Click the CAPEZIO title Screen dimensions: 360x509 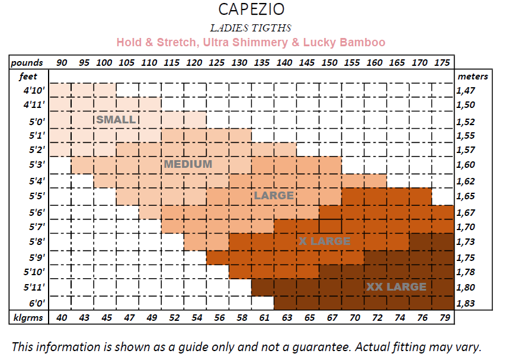click(x=251, y=10)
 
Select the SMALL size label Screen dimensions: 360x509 click(x=116, y=119)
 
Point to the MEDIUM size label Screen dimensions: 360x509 click(x=188, y=164)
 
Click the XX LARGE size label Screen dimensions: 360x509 click(x=396, y=287)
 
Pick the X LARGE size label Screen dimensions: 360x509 click(x=325, y=241)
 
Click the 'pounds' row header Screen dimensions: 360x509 click(x=27, y=62)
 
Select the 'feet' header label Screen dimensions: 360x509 click(x=28, y=77)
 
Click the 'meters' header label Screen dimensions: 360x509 click(x=472, y=77)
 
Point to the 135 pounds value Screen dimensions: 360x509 click(x=261, y=62)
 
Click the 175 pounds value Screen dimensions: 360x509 click(x=441, y=62)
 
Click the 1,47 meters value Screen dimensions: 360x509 click(x=465, y=91)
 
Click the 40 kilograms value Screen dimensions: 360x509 click(x=62, y=318)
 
